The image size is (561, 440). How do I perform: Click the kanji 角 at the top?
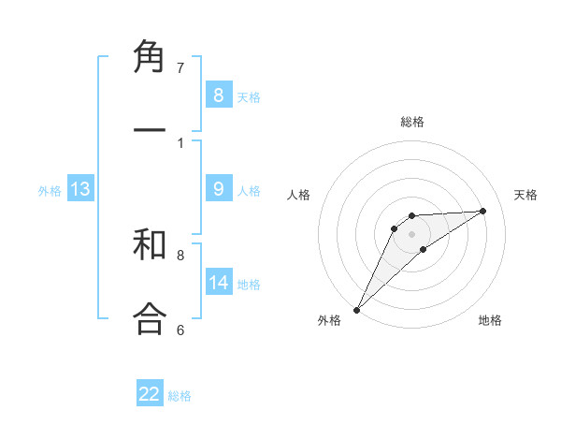[150, 58]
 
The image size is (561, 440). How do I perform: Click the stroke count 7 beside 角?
[180, 67]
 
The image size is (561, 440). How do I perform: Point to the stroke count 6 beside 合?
[180, 330]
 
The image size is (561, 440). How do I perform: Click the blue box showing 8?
[218, 95]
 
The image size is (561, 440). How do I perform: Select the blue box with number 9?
[218, 189]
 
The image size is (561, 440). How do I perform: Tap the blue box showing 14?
[218, 282]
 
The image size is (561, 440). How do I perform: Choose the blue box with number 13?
[80, 189]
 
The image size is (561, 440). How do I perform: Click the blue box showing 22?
[150, 394]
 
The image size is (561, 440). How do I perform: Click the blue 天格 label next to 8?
[249, 96]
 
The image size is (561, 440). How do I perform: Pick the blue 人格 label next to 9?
[249, 190]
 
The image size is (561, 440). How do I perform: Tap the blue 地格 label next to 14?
[249, 284]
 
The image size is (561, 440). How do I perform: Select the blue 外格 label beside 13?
[50, 190]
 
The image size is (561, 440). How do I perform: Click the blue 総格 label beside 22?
[180, 396]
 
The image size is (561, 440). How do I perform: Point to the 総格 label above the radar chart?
[412, 122]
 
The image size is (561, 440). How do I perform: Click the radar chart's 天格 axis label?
[526, 195]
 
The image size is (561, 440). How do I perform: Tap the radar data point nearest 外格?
[356, 310]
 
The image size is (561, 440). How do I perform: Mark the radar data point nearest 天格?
[483, 211]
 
